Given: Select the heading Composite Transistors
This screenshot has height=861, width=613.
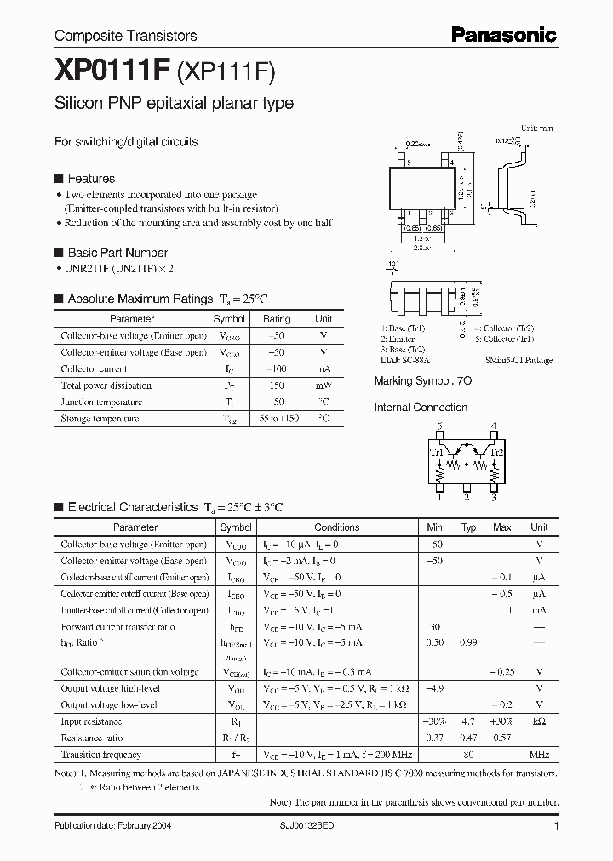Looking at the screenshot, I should [125, 36].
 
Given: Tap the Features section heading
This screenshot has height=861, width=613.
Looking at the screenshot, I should [90, 179].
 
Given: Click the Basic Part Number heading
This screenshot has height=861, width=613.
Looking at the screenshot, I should [117, 253].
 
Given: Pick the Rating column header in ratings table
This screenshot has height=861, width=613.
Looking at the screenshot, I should [277, 319].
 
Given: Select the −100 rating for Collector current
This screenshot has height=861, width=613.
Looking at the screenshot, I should [277, 369].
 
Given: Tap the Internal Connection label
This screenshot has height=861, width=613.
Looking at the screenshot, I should [421, 408].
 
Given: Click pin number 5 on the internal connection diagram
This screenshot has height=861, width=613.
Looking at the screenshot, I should [439, 425].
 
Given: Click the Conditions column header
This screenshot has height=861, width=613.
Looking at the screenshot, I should [337, 527].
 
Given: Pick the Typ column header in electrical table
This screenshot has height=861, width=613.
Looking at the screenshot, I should [468, 527].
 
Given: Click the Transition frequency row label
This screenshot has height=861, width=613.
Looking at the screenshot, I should [100, 755].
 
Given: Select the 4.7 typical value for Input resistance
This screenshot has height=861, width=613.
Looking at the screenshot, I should [468, 721].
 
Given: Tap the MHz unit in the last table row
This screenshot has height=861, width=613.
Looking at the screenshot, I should [539, 755].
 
